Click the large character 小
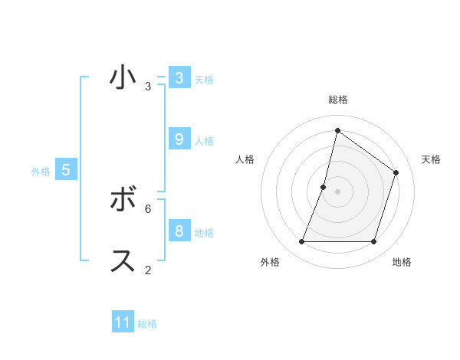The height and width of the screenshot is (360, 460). [123, 77]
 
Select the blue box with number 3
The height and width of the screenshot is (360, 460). [179, 77]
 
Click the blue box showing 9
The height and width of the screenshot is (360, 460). [179, 139]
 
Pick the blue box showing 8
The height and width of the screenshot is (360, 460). [179, 231]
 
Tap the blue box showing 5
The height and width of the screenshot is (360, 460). [66, 170]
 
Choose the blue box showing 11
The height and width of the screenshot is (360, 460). [123, 322]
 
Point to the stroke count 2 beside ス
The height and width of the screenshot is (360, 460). [148, 270]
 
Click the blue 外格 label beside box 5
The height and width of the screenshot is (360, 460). [41, 172]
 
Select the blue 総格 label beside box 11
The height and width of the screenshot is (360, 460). [147, 324]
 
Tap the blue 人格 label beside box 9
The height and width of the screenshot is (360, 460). [204, 141]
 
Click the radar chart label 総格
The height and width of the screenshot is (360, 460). [337, 100]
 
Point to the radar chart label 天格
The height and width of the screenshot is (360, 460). [431, 159]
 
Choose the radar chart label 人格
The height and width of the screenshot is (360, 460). [245, 159]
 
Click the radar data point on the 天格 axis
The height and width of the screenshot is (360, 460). [396, 172]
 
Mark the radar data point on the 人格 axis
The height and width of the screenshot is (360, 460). [324, 187]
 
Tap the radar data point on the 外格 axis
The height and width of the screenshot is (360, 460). [301, 242]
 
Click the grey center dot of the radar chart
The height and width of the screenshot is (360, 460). [337, 191]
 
